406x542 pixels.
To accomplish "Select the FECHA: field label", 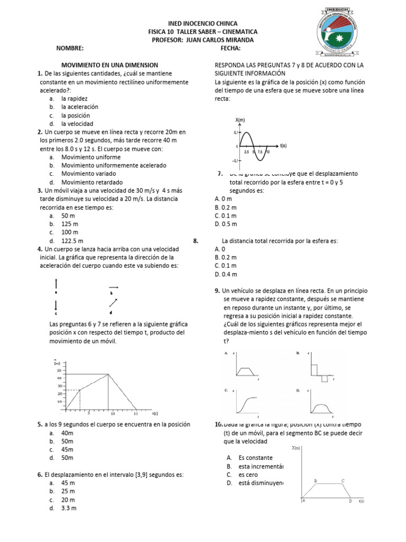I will (230, 48).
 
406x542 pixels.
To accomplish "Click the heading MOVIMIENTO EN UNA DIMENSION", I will (110, 65).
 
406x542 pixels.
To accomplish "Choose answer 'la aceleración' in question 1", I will (80, 107).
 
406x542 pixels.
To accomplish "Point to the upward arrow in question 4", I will (57, 283).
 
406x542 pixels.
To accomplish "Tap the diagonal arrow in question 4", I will (113, 302).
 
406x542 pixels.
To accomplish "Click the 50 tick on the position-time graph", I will (59, 371).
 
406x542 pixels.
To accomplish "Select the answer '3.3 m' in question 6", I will (69, 508).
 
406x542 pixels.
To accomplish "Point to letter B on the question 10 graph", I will (316, 481).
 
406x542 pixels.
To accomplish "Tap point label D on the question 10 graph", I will (350, 500).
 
